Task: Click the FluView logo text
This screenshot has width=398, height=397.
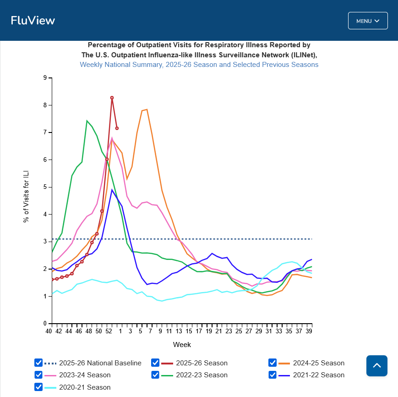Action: click(33, 21)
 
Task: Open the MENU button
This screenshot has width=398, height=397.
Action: click(368, 21)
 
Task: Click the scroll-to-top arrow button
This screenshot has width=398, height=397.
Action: click(376, 366)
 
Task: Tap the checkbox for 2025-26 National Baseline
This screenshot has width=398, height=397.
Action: click(38, 363)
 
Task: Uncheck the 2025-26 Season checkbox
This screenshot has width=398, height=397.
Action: click(155, 363)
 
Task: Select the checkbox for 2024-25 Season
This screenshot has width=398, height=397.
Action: click(273, 363)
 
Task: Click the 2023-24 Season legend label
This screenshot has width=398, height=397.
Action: click(85, 375)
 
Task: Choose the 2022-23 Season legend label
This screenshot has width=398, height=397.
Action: click(202, 375)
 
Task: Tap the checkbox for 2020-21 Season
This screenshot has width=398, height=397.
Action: click(38, 387)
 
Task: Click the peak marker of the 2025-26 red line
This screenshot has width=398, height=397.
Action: click(112, 98)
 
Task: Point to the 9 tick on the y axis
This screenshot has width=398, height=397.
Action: click(45, 78)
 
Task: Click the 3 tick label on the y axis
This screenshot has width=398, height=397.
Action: click(45, 242)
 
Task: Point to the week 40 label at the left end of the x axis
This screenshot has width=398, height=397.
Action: click(49, 331)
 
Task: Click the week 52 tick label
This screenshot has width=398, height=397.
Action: click(109, 331)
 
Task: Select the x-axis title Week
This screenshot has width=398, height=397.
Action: click(182, 344)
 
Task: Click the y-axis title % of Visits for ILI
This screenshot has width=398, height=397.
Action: click(26, 196)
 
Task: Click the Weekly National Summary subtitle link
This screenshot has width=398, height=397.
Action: click(199, 65)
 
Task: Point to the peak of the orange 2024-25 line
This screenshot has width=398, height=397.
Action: click(147, 109)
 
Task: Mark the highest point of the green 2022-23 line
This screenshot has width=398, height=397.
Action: click(87, 121)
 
